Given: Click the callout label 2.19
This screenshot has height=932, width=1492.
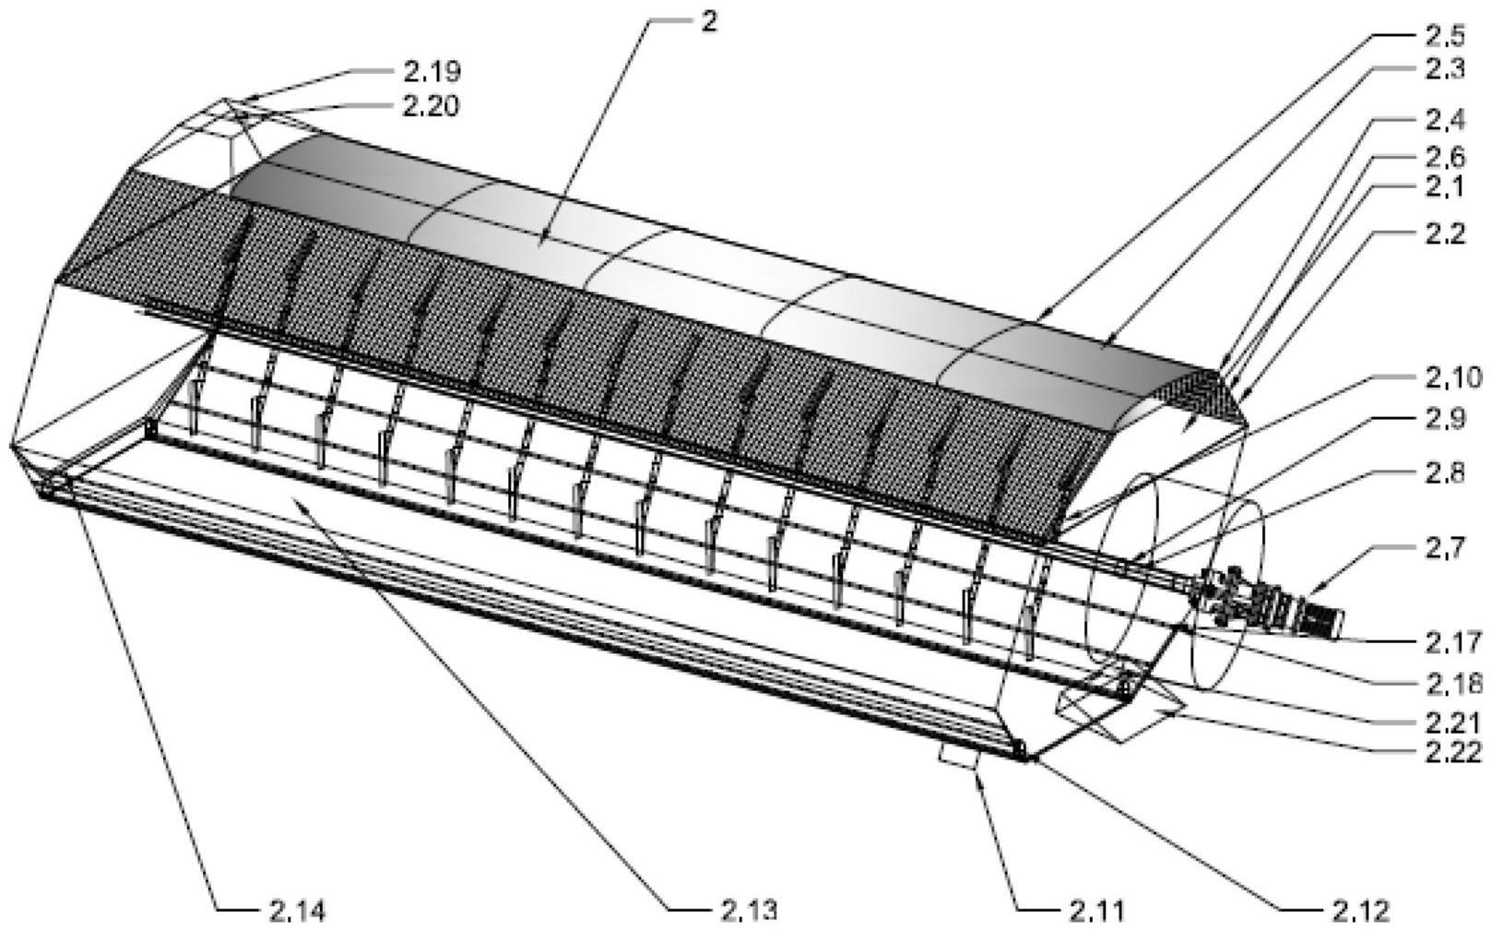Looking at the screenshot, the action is (432, 71).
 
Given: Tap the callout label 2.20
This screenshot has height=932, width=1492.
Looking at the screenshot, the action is (431, 106).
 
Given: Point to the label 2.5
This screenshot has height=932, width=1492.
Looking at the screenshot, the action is (1445, 35).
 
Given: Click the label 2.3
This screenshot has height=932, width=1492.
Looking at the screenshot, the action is (1445, 68).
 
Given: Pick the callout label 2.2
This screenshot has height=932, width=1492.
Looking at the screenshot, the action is (1445, 233).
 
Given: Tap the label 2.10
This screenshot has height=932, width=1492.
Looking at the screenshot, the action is (1453, 378).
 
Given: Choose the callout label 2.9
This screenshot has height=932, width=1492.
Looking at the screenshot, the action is (1445, 419).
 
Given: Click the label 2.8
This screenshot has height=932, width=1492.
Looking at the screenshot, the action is (1445, 472).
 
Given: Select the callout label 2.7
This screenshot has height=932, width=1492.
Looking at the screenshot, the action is (1445, 549).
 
